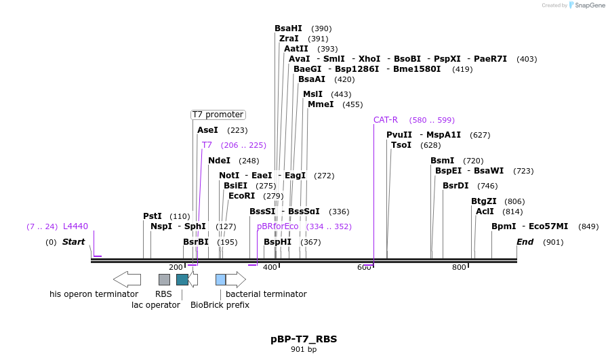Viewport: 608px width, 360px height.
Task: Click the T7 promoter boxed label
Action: (x=218, y=115)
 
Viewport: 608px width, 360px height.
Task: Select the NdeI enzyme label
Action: (x=219, y=161)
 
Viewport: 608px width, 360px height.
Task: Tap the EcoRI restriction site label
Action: (x=242, y=196)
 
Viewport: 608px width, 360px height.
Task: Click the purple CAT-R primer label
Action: (x=386, y=120)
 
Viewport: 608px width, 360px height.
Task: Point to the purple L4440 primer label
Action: (x=75, y=226)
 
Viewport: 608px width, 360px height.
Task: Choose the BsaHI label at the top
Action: (x=288, y=28)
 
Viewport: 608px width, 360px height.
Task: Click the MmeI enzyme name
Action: (x=321, y=104)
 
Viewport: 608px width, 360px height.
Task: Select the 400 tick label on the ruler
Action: (x=270, y=267)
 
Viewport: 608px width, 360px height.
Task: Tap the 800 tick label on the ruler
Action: (x=459, y=267)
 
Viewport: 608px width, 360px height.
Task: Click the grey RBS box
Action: (x=164, y=279)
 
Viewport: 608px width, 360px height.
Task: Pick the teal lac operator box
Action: (x=182, y=279)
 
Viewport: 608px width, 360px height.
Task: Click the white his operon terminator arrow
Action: (x=127, y=279)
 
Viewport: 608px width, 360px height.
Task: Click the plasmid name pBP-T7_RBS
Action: (x=304, y=339)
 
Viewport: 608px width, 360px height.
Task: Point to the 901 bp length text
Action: (x=304, y=350)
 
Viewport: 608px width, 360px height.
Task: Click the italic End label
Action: (x=525, y=242)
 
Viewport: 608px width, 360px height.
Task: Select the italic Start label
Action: (x=73, y=242)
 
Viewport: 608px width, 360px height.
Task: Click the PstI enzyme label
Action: (x=153, y=216)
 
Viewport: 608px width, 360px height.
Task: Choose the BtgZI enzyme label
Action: (x=484, y=201)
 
